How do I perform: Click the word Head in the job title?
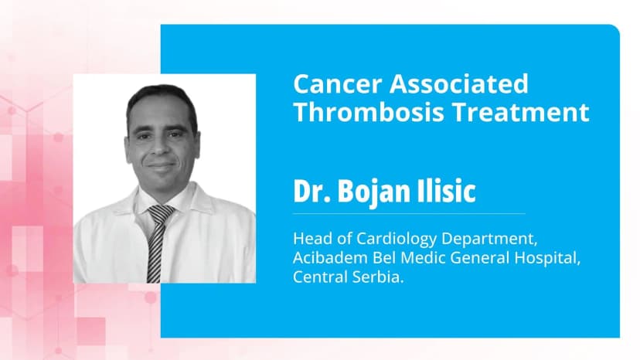[309, 239]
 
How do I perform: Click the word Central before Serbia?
[318, 277]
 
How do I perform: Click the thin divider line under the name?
[409, 213]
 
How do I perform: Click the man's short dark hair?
[162, 98]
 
